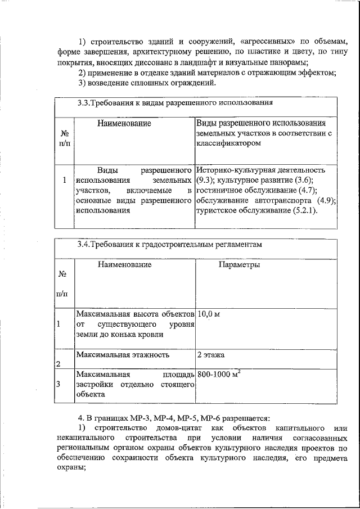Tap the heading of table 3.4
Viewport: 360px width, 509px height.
pos(169,245)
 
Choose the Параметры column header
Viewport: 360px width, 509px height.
pos(239,264)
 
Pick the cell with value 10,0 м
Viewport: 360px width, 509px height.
pos(208,314)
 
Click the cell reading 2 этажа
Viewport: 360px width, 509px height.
pos(211,355)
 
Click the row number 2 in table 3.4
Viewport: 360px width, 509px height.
pos(58,363)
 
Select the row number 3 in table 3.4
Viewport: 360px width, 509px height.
pos(58,384)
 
